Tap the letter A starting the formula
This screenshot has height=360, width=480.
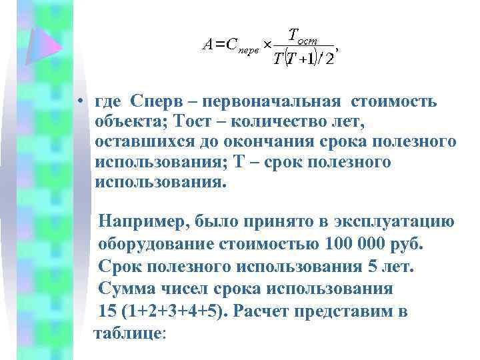coord(209,45)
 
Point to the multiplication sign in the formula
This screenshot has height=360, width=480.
coord(265,44)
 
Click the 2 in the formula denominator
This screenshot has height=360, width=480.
coord(329,59)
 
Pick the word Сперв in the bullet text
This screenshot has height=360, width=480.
coord(155,103)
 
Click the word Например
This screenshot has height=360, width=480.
coord(143,222)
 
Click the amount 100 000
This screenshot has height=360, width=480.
coord(354,243)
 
